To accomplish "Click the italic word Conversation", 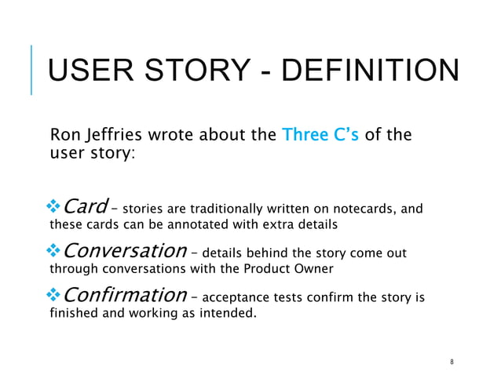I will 123,251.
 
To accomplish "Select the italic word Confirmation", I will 123,295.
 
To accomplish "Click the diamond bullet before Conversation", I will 54,252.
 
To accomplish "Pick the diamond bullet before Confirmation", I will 54,296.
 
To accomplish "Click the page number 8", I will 453,362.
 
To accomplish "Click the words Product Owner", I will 295,269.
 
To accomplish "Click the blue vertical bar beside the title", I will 32,70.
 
